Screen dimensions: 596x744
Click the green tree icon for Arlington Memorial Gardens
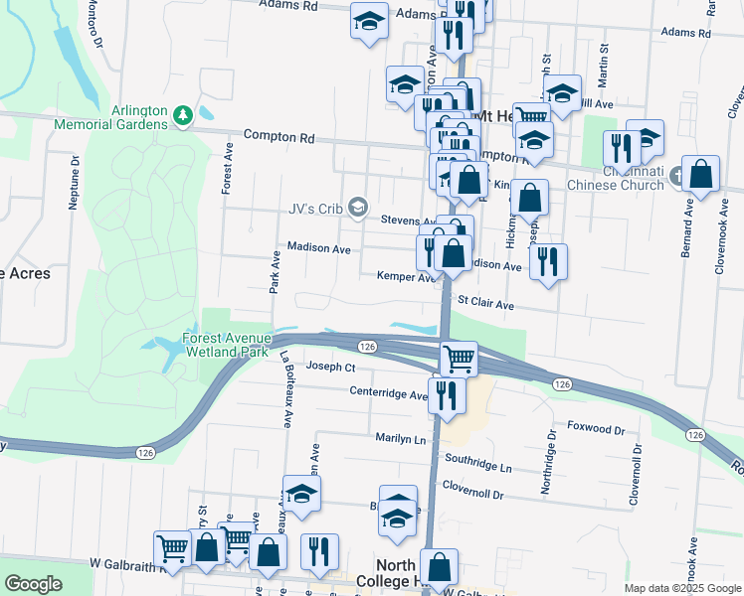183,117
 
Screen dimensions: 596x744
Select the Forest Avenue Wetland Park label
228,345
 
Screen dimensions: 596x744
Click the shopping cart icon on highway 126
459,358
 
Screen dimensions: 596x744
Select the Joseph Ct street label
330,367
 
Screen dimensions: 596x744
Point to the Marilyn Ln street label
400,438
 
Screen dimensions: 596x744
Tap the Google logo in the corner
33,584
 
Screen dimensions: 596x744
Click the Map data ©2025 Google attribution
681,588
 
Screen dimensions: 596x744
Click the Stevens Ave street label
409,221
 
